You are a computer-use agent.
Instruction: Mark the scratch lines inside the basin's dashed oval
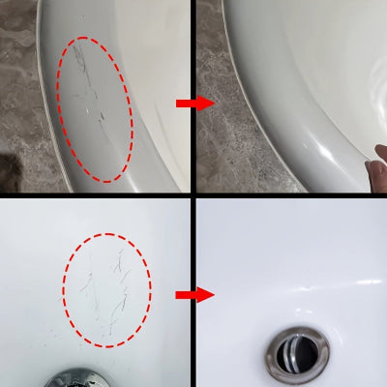(106, 285)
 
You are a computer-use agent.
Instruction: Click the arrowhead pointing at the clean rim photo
(206, 102)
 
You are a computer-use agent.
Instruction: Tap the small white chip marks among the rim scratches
(100, 115)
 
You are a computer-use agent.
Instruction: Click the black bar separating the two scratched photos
(97, 193)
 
